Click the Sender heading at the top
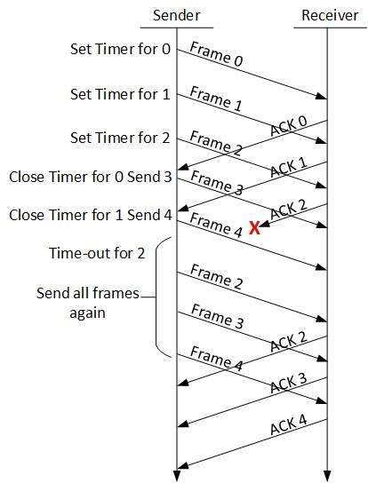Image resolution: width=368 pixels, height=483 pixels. click(177, 15)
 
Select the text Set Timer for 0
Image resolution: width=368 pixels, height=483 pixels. click(121, 48)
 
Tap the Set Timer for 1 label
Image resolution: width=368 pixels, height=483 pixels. click(121, 93)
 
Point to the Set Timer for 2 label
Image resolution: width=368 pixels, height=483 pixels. click(121, 138)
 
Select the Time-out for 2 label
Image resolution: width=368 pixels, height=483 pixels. click(96, 254)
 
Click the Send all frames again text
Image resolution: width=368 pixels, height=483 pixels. click(89, 301)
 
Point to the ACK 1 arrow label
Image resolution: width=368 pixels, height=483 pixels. click(289, 166)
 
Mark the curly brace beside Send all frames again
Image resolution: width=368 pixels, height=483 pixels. click(157, 298)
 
